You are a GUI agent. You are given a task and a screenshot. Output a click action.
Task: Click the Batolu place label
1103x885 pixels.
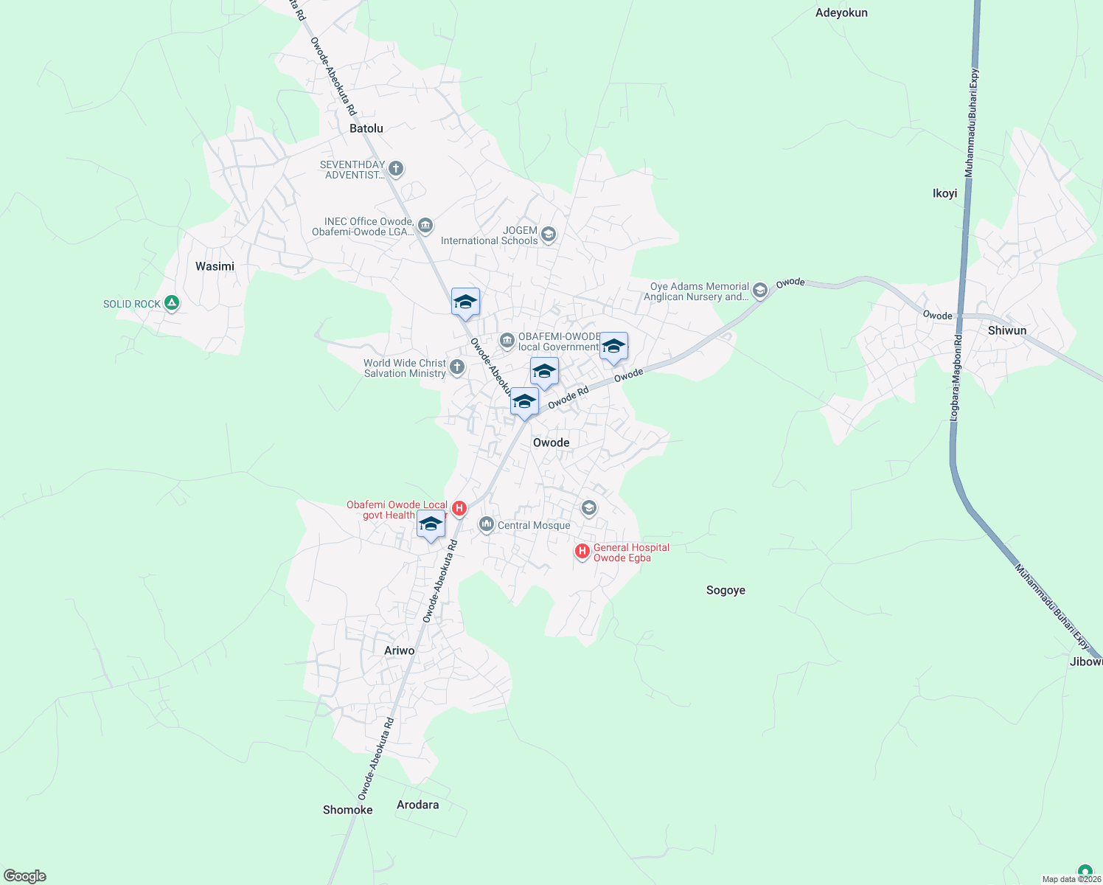click(x=366, y=128)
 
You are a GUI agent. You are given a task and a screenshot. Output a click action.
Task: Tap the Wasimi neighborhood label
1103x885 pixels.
click(x=215, y=266)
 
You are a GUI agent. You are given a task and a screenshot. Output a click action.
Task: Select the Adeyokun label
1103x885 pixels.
click(x=841, y=13)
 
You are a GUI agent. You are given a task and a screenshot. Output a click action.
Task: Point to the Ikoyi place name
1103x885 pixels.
click(x=944, y=193)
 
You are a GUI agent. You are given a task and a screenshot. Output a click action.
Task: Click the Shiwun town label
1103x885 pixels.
click(x=1006, y=330)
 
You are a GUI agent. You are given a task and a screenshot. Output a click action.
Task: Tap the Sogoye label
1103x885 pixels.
click(x=726, y=590)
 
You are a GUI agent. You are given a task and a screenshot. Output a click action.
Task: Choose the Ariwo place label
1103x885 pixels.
click(x=400, y=650)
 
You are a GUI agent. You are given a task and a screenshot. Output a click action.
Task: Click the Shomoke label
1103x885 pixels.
click(x=348, y=810)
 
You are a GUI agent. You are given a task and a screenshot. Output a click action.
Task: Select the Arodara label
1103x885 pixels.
click(x=417, y=805)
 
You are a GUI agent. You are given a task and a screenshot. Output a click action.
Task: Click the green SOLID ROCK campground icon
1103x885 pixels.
click(x=172, y=302)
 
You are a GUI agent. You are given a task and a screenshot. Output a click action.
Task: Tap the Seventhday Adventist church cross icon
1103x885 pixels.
click(x=396, y=169)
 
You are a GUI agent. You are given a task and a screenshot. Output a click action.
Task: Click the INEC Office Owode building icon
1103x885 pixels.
click(x=425, y=225)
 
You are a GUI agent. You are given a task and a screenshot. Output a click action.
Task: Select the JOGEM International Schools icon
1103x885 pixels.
click(x=548, y=235)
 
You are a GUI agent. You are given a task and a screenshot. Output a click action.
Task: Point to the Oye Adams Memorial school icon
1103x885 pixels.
click(x=759, y=291)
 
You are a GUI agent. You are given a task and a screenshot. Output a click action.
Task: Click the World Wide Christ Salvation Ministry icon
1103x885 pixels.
click(x=457, y=367)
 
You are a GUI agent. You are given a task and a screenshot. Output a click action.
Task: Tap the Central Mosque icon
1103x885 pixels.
click(x=486, y=524)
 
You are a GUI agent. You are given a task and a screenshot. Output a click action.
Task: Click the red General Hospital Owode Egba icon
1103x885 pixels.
click(x=582, y=551)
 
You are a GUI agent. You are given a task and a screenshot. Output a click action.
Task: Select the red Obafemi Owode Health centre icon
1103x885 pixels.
click(x=459, y=508)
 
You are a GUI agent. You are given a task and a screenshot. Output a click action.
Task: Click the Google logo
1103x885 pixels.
click(x=25, y=876)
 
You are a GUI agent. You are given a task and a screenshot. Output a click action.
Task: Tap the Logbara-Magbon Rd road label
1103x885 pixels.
click(x=956, y=378)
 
